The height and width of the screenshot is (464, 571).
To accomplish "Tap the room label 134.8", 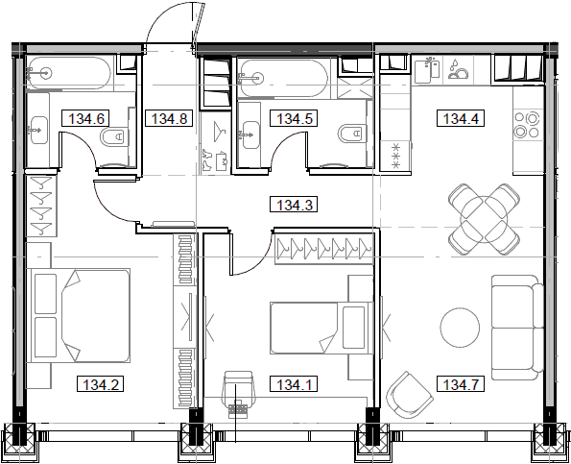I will pyautogui.click(x=168, y=119).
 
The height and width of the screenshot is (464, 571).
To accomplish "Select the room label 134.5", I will pyautogui.click(x=295, y=119).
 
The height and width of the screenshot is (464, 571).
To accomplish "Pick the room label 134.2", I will pyautogui.click(x=100, y=386).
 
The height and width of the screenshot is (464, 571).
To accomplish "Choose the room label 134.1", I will pyautogui.click(x=296, y=386).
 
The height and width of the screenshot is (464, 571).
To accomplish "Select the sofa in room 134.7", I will pyautogui.click(x=513, y=328).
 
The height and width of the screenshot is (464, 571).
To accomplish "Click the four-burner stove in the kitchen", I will pyautogui.click(x=526, y=126).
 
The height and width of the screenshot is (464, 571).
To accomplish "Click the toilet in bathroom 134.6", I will pyautogui.click(x=112, y=137).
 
